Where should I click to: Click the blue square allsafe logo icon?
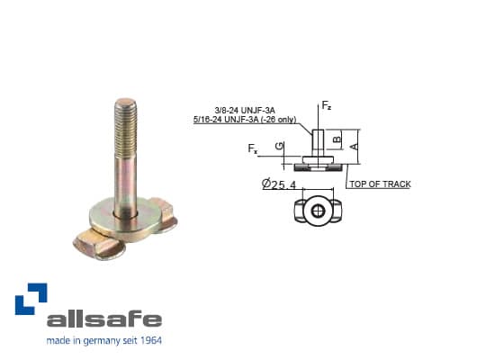[x=31, y=299]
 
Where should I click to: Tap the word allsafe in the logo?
[x=104, y=319]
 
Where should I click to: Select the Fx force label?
[x=254, y=148]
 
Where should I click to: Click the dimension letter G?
[x=280, y=146]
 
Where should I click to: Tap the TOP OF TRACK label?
[x=381, y=184]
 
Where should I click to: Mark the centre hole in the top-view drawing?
[x=319, y=211]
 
